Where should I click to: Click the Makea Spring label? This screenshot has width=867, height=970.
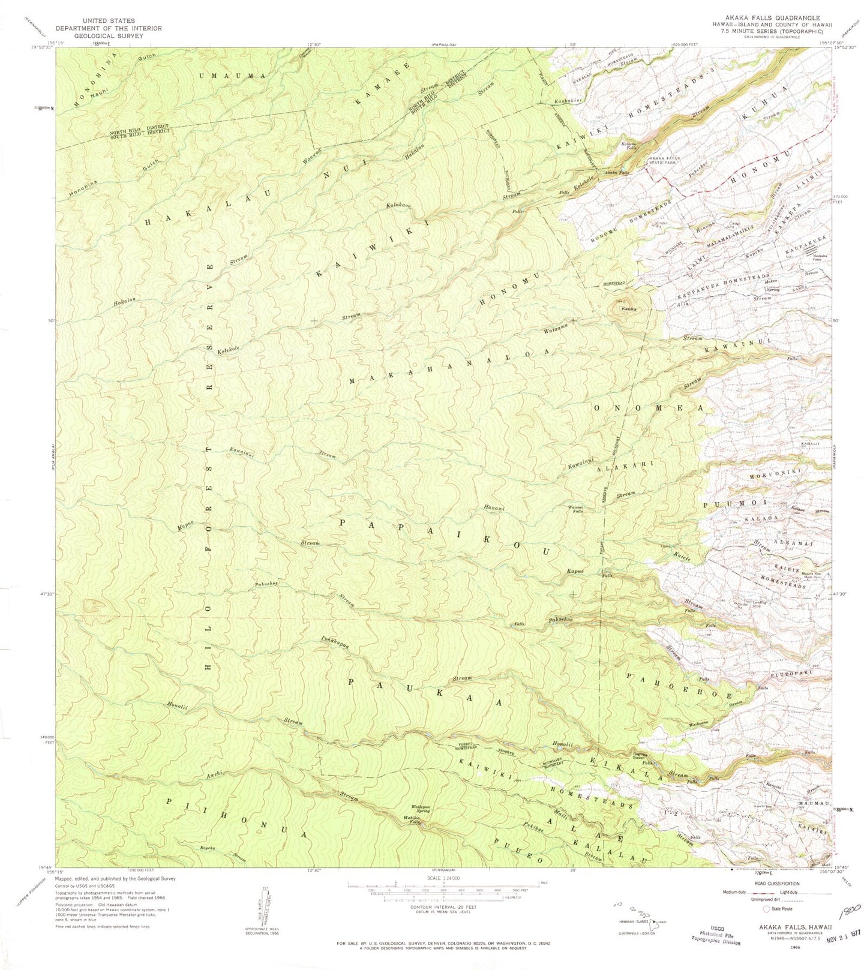click(x=772, y=284)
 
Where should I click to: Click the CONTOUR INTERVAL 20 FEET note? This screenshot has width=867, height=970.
click(x=427, y=907)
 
